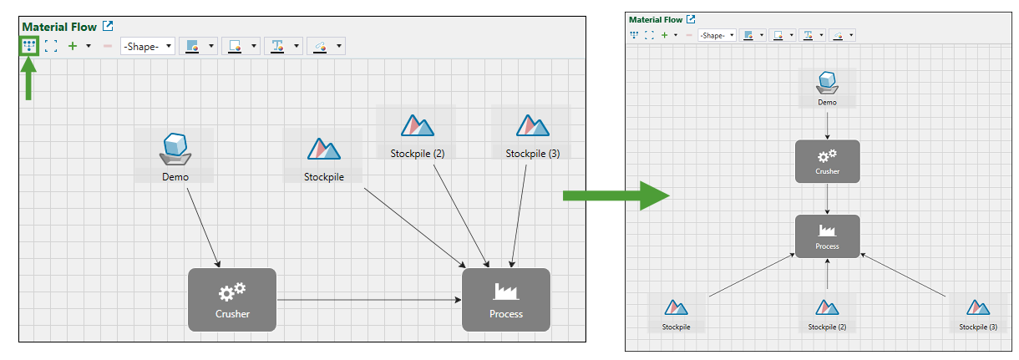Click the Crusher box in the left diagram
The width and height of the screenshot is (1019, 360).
point(232,299)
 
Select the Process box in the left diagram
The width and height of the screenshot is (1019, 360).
point(506,299)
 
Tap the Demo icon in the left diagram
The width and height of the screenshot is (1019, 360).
point(175,149)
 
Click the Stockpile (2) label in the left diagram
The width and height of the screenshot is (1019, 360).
point(417,154)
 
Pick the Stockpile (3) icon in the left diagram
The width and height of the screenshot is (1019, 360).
point(532,126)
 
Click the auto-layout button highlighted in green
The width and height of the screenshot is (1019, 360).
point(29,46)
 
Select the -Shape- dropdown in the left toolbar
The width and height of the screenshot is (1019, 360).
point(148,46)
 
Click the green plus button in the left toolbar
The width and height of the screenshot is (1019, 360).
point(72,46)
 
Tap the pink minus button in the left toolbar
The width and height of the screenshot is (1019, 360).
point(107,46)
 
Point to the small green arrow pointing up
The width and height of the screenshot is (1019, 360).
point(29,84)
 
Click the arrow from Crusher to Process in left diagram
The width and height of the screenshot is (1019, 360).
point(368,299)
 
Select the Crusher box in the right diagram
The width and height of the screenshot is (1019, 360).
point(827,161)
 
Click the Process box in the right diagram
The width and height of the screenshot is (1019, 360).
point(827,236)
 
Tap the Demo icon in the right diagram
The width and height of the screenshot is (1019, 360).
point(827,82)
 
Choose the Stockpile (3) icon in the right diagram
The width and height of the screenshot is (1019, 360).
point(978,308)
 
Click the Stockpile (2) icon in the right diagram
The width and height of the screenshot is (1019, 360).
point(827,308)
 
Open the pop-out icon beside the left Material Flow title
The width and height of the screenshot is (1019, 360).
point(107,27)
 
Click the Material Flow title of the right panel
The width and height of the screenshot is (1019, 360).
point(656,19)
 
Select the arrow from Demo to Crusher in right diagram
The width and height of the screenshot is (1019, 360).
point(827,124)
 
